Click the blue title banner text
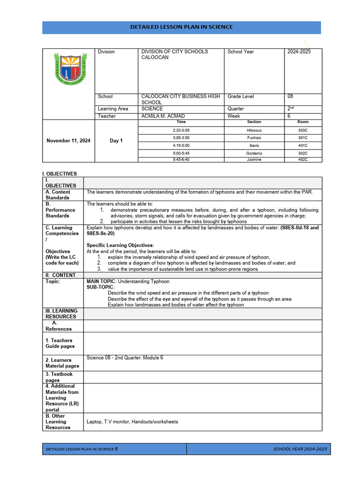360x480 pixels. [x=181, y=27]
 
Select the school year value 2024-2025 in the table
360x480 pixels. [x=299, y=52]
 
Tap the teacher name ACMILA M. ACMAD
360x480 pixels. [x=163, y=116]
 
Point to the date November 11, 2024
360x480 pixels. [x=68, y=141]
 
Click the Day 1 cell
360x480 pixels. [x=116, y=141]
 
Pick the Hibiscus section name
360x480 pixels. [x=254, y=130]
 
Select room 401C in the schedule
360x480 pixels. [x=303, y=145]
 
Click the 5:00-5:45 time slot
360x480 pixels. [x=181, y=153]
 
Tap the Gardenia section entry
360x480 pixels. [x=254, y=153]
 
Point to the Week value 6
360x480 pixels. [x=289, y=116]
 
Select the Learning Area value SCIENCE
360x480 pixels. [x=152, y=108]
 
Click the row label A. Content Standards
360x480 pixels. [x=58, y=195]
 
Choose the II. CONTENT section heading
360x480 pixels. [x=60, y=275]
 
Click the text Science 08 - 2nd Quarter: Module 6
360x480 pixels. [x=125, y=358]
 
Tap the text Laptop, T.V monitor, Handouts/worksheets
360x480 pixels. [x=132, y=422]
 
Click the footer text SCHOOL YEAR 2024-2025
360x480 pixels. [x=300, y=449]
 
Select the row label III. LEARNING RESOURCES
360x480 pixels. [x=61, y=314]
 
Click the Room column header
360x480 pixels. [x=303, y=122]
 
